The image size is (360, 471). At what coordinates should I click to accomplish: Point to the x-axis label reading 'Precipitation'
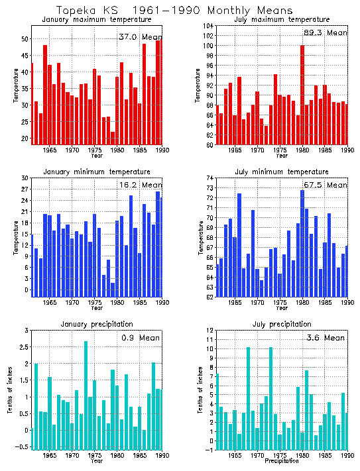pos(282,462)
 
